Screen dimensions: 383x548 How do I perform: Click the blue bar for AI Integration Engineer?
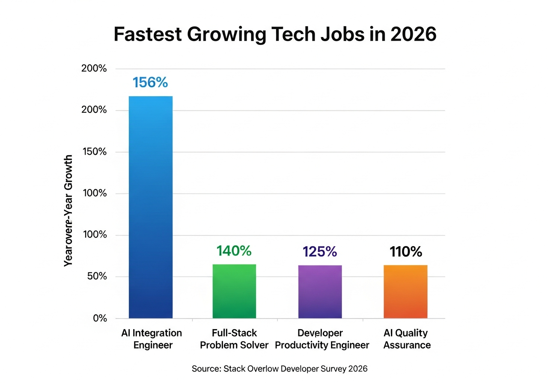tap(150, 207)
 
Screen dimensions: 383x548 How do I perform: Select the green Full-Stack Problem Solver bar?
tap(234, 291)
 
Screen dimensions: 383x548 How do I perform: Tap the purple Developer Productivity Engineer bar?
tap(320, 292)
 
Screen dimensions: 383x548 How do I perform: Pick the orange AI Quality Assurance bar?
tap(405, 292)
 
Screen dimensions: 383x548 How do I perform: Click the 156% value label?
tap(150, 82)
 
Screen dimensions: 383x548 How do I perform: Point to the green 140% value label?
tap(234, 251)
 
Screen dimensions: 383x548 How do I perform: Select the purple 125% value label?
tap(320, 252)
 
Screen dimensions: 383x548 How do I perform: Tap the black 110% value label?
tap(405, 252)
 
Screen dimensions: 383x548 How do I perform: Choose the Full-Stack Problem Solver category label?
tap(234, 339)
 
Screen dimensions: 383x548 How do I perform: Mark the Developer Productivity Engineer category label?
tap(322, 339)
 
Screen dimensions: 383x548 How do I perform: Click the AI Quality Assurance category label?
tap(407, 339)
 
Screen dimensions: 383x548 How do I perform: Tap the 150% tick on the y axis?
tap(94, 152)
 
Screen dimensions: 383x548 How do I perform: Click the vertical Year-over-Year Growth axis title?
tap(68, 211)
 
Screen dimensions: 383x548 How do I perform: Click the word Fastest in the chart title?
tap(146, 35)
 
